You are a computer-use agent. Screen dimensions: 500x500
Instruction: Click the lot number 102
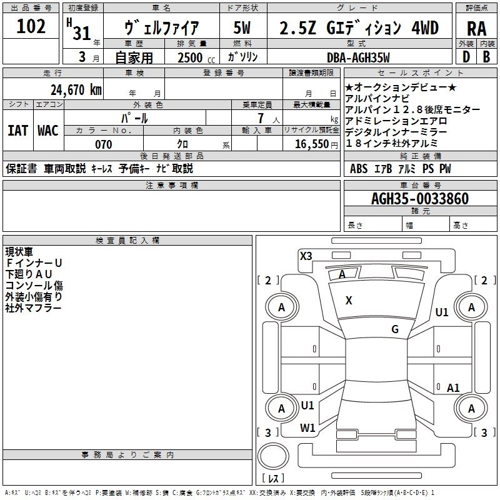31,27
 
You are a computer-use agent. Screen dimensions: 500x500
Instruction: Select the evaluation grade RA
477,28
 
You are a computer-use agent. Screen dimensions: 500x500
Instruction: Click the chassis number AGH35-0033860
420,199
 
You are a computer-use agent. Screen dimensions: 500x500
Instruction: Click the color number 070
103,144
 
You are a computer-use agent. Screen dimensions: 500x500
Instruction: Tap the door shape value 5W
242,28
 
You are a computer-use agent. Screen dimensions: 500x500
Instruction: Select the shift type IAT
17,130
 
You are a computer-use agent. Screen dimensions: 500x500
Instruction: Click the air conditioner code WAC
48,130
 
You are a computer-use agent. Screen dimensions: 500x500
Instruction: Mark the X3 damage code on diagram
306,256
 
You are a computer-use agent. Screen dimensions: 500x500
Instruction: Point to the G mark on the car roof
395,329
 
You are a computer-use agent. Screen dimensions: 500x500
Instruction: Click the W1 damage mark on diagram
307,428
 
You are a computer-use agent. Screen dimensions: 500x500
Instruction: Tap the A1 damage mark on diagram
453,388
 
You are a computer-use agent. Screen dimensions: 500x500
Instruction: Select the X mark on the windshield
349,301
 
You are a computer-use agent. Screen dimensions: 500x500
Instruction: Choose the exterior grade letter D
466,57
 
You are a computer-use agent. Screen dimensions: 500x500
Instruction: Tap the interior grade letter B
487,57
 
